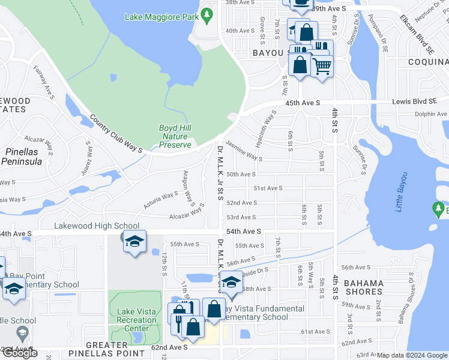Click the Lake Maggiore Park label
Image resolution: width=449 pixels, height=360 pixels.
click(161, 17)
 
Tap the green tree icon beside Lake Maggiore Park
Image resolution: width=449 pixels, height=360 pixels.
click(206, 13)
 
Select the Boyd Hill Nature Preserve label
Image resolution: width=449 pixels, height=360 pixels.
click(175, 136)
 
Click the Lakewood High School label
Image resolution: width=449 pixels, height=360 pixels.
click(97, 226)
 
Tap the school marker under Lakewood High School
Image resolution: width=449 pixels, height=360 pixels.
click(134, 242)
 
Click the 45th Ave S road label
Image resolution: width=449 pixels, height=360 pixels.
click(301, 103)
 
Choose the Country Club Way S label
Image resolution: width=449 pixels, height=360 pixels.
click(115, 133)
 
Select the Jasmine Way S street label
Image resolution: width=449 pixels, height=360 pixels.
click(244, 154)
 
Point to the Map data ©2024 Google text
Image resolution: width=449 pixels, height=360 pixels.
click(411, 356)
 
